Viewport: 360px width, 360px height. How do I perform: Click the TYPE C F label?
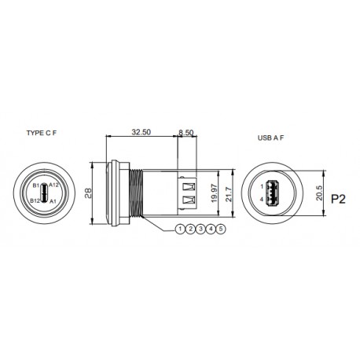[44, 134]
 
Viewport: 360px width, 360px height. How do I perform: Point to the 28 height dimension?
[90, 193]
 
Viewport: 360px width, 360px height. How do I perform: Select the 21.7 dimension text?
[227, 192]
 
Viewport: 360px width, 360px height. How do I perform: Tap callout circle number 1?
[180, 229]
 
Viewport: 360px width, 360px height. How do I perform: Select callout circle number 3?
[200, 229]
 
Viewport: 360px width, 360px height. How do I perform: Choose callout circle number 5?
[221, 229]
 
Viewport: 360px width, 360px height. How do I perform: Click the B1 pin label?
[36, 186]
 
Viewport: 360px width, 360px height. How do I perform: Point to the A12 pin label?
[55, 186]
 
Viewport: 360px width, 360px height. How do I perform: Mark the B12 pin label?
[35, 201]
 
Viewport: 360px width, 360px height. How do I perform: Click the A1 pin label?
[53, 201]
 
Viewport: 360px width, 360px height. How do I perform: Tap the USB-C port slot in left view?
[45, 192]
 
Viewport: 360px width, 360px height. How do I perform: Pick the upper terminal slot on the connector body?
[187, 186]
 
